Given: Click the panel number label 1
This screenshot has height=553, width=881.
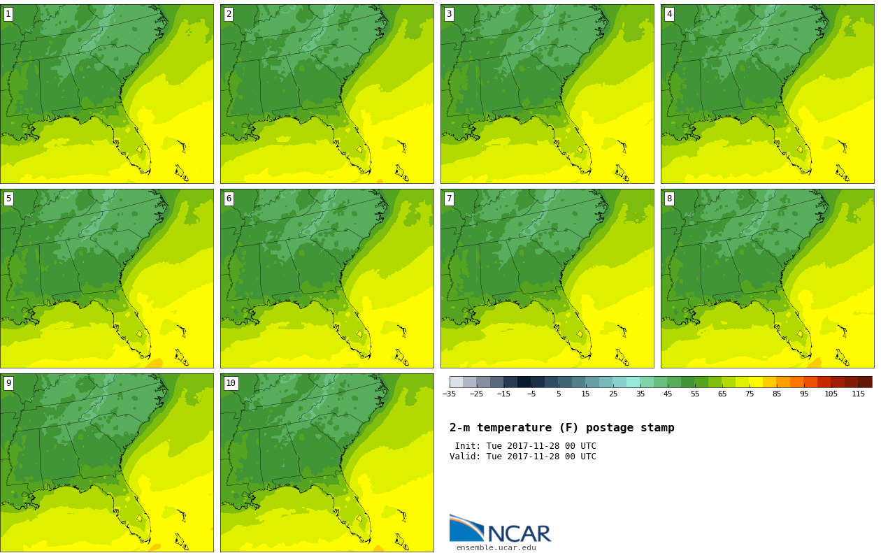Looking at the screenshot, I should [x=8, y=14].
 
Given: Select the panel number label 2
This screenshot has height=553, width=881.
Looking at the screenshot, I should [x=229, y=14].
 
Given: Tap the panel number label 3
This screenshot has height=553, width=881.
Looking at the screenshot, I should [x=449, y=14].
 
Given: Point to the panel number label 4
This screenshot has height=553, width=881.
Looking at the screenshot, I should [x=669, y=14].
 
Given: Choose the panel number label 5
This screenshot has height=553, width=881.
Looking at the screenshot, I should [x=8, y=199].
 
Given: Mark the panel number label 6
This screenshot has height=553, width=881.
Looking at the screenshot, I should [x=229, y=199].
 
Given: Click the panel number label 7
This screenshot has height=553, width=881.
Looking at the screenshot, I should [x=449, y=199].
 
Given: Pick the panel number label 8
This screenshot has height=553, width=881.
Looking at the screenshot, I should [x=669, y=199].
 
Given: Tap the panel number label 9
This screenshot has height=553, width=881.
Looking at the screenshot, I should [x=8, y=383].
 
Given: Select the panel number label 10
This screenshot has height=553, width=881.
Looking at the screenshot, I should [x=231, y=383].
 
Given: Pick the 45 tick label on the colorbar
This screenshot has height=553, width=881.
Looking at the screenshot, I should [x=668, y=394].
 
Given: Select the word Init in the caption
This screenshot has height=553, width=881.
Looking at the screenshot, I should [x=468, y=446].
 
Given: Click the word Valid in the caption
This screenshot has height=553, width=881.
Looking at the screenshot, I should [x=464, y=457].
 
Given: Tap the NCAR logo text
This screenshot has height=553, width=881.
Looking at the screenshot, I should [x=519, y=534].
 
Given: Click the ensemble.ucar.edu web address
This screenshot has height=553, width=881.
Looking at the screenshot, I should [x=496, y=548].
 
